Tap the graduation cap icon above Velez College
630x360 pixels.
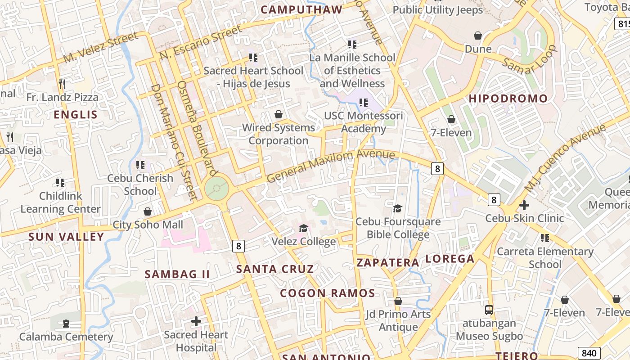303,229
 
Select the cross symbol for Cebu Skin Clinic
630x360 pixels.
524,205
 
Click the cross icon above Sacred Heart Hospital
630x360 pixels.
196,321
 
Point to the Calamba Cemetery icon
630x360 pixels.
66,324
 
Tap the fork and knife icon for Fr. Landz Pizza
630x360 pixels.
62,84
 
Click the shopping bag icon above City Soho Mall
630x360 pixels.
148,211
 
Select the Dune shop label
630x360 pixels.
478,49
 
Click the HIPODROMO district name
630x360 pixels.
508,99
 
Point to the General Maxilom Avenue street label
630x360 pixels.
331,166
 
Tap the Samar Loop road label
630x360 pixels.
530,60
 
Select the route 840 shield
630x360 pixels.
589,353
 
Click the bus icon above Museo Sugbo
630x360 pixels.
489,310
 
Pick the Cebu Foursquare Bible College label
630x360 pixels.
398,228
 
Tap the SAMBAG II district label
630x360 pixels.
177,274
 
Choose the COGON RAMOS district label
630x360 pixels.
327,293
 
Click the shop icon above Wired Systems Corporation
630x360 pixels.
279,114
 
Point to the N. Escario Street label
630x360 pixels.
201,43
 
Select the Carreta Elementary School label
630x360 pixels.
545,258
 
